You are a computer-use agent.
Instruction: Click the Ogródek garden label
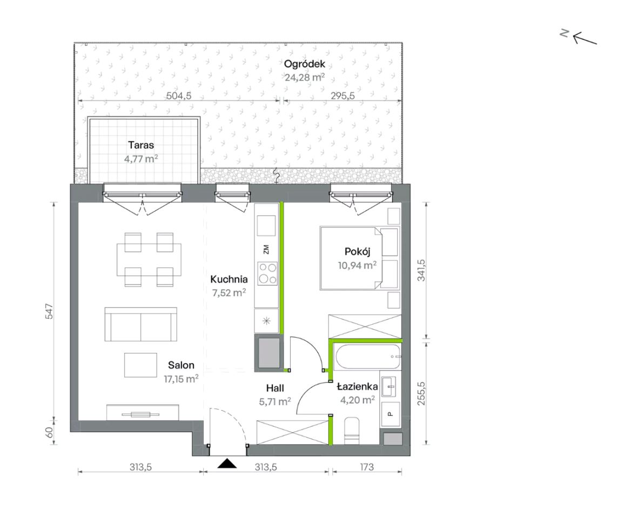[305, 64]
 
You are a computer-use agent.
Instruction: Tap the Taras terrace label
[141, 145]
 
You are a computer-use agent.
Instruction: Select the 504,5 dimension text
[179, 96]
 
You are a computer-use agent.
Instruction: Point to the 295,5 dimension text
[343, 96]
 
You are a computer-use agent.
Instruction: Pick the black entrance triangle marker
[227, 463]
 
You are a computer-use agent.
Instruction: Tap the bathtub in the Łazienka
[368, 357]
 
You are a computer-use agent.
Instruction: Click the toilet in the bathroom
[351, 431]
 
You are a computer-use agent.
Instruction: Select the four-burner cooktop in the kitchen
[267, 273]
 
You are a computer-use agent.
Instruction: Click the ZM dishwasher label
[266, 250]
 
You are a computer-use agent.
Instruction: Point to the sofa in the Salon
[141, 324]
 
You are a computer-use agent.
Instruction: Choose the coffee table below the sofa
[140, 365]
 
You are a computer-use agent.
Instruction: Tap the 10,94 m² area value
[357, 265]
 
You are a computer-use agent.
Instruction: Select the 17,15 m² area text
[181, 379]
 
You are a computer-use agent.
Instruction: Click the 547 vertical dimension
[49, 311]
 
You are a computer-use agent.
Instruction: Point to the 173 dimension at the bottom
[367, 467]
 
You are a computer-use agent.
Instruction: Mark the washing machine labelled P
[391, 414]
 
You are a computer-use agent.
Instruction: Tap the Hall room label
[275, 388]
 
